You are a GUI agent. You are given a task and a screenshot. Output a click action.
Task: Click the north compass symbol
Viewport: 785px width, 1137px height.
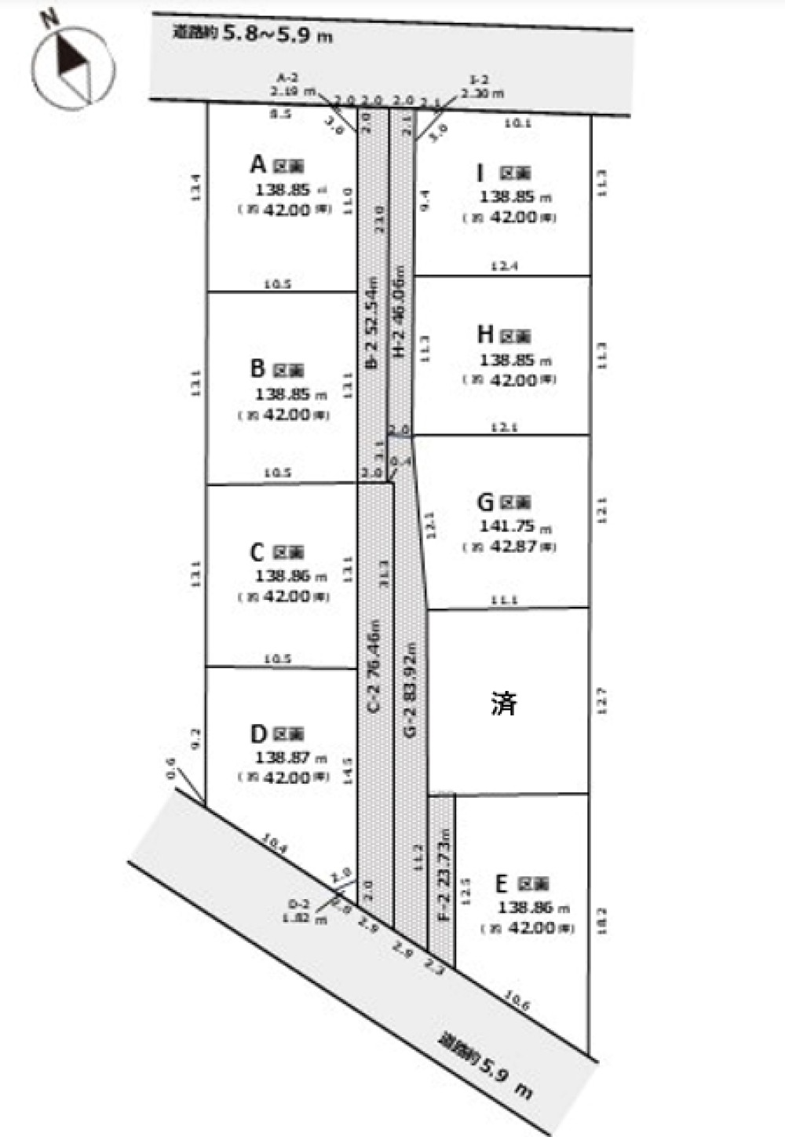click(73, 67)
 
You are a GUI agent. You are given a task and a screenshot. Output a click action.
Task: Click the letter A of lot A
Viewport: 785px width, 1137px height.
click(257, 164)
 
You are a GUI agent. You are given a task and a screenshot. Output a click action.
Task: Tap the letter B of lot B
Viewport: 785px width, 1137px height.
click(257, 368)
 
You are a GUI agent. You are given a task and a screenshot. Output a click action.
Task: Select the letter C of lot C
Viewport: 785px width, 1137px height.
click(257, 552)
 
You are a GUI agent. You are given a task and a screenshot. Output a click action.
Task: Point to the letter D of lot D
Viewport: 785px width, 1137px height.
click(258, 733)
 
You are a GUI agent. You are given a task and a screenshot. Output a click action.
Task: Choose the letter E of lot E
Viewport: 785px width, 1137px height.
click(502, 884)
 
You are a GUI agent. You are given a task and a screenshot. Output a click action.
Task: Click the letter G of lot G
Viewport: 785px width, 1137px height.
click(485, 502)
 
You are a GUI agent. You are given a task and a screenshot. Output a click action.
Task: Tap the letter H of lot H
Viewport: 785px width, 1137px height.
click(485, 335)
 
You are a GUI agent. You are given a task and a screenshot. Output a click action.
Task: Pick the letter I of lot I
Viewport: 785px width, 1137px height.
click(480, 172)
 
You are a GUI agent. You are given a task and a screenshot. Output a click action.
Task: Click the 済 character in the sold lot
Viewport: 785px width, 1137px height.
click(504, 703)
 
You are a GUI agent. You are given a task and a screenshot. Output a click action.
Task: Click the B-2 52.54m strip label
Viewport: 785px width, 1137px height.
click(373, 322)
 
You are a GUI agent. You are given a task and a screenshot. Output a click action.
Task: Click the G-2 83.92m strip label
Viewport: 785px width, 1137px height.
click(410, 689)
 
